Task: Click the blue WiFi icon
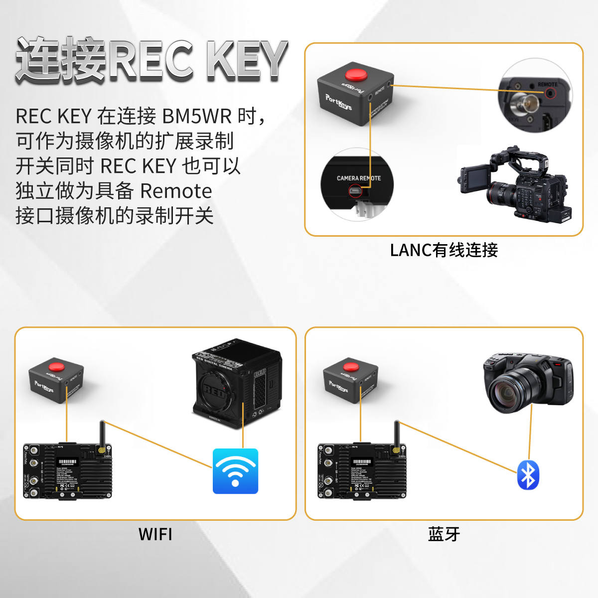[235, 471]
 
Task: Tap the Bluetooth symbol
[528, 475]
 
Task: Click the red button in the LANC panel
[356, 75]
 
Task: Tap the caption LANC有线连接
[444, 250]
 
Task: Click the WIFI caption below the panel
[155, 534]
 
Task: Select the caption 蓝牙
[444, 534]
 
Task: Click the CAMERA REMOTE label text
[358, 178]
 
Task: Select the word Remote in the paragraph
[176, 191]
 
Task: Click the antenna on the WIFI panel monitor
[103, 435]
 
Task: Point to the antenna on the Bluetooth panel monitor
[397, 435]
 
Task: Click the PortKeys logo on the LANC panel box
[338, 101]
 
